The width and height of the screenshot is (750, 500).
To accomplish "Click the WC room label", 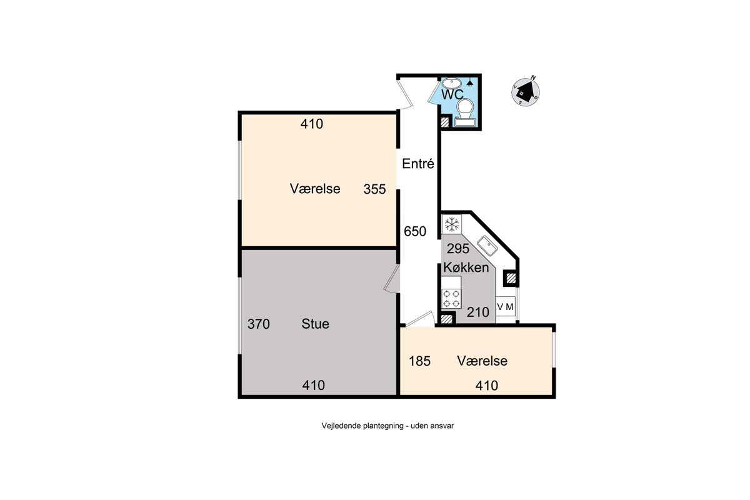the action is click(452, 94).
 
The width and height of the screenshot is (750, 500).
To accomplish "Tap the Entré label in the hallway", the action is click(418, 163).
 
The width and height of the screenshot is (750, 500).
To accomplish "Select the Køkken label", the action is click(466, 267).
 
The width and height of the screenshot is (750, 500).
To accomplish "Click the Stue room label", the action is click(315, 324).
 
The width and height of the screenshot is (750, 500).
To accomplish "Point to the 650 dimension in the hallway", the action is click(415, 231).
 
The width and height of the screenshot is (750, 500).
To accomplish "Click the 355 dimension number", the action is click(374, 189).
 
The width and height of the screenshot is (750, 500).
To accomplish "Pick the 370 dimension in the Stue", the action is click(259, 324).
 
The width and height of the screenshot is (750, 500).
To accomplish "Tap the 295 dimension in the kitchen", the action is click(458, 249).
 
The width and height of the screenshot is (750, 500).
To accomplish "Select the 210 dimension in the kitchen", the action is click(478, 312).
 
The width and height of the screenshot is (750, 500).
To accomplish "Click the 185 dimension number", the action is click(419, 361).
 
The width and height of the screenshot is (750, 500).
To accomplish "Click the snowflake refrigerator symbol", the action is click(452, 224).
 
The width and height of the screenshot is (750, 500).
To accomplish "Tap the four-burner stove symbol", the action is click(451, 299).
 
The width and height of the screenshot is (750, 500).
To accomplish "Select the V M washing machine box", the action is click(506, 306).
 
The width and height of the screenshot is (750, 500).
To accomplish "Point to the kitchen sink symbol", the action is click(487, 246).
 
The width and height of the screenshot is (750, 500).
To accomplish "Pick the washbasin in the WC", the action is click(452, 82).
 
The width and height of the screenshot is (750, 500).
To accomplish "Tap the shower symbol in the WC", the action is click(470, 82).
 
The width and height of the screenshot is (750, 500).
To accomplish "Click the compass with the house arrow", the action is click(526, 91).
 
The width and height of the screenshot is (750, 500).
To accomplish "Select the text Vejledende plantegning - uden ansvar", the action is click(387, 426).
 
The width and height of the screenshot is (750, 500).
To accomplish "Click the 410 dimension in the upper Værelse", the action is click(312, 124).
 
